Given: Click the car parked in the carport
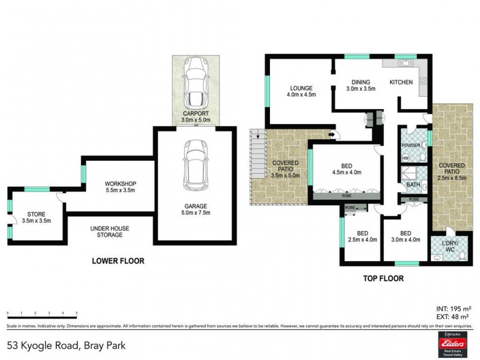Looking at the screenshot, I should pos(195,83).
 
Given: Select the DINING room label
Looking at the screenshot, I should pos(361,82).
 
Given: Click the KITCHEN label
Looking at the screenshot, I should pos(401,82).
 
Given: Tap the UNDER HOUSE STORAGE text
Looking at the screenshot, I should pos(110,232).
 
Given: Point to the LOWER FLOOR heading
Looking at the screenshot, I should pos(118,261).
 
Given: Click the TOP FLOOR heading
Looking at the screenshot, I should pos(383,278).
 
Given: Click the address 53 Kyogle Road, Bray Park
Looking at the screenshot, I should pos(66,346).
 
